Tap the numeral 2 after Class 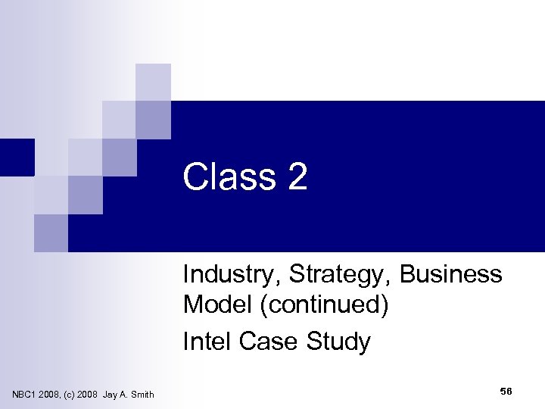click(297, 177)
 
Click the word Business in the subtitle click(451, 273)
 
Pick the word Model click(214, 306)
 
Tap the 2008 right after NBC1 click(52, 394)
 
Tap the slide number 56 click(506, 390)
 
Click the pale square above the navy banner click(154, 82)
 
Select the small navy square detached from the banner click(17, 158)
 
